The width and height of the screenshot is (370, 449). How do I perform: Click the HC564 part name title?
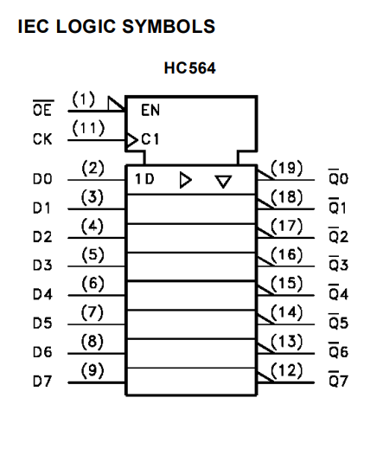pos(189,68)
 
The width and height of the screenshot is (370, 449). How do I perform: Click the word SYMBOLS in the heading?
pos(169,26)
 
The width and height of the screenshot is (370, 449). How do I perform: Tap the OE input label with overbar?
pos(42,108)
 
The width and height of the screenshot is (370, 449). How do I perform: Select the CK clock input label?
pos(42,139)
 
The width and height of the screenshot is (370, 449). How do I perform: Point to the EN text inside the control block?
pos(150,110)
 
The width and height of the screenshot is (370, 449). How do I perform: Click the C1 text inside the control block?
pos(150,139)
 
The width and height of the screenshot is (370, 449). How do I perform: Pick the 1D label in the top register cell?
pos(144,179)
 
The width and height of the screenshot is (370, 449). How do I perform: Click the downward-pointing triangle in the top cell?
pos(223,182)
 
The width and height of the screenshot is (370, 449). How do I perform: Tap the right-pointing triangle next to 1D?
pos(186,180)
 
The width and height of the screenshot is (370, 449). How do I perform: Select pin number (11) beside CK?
pos(88,128)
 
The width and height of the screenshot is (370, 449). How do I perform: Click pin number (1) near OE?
pos(83,99)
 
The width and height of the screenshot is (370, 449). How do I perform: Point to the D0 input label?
pos(42,179)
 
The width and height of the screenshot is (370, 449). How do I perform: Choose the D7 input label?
pos(42,382)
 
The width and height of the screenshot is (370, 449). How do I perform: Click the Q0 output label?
pos(338,176)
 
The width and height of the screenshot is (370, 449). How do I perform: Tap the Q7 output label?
pos(338,379)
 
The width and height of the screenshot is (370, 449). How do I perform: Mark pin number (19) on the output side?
pos(287,168)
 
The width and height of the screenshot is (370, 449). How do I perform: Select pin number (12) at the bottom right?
pos(287,370)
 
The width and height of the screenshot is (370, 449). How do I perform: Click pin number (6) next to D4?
pos(92,284)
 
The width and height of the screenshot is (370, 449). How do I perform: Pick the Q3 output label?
pos(338,263)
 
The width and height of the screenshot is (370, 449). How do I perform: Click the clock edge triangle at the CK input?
pos(132,140)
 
